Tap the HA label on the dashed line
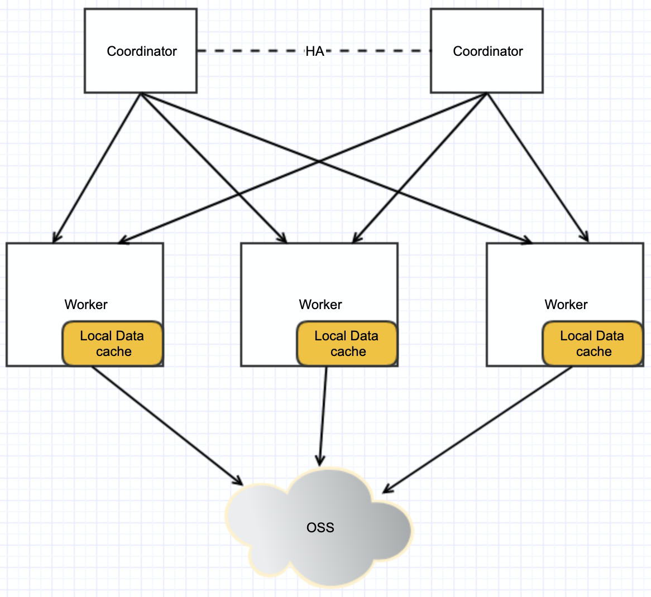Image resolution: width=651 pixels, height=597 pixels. (x=314, y=51)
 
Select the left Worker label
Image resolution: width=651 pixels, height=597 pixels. (x=86, y=305)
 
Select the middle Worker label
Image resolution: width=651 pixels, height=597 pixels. (x=320, y=305)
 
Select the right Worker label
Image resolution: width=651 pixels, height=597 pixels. (x=566, y=305)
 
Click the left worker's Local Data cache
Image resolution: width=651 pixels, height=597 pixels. (x=112, y=344)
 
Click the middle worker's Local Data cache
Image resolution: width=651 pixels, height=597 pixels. (x=347, y=344)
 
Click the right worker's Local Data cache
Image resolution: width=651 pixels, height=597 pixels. (x=592, y=344)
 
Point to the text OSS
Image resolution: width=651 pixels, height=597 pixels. (x=320, y=527)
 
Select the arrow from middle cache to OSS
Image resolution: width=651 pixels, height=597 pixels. (x=323, y=416)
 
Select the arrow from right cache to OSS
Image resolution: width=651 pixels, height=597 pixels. (x=477, y=430)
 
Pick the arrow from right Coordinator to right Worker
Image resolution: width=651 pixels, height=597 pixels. (x=539, y=167)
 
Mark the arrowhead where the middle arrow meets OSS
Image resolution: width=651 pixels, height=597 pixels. (x=320, y=461)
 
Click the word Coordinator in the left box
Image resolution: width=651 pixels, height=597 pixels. (x=142, y=51)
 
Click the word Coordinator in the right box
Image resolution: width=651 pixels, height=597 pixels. (x=488, y=51)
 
